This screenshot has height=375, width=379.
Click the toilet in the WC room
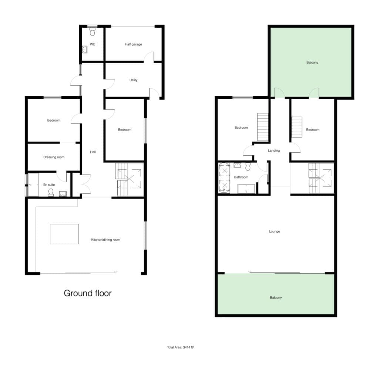[92, 32]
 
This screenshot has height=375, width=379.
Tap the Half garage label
[133, 44]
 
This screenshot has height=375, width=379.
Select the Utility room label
[133, 80]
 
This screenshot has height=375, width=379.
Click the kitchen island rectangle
[64, 234]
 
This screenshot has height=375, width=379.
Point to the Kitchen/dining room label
[105, 240]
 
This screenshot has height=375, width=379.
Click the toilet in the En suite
[51, 192]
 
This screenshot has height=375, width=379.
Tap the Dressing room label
[54, 157]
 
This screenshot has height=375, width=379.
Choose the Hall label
[93, 152]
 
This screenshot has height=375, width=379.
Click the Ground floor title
[88, 293]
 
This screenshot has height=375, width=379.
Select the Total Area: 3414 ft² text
[181, 347]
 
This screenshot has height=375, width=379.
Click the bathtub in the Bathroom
[224, 178]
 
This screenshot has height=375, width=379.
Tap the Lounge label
[275, 232]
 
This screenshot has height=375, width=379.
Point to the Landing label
[274, 151]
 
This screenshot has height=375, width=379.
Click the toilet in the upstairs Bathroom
[248, 167]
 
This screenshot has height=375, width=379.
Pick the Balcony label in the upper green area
[312, 62]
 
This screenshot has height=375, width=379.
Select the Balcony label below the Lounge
[276, 297]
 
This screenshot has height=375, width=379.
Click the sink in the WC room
[85, 50]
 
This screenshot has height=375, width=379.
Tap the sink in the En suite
[63, 194]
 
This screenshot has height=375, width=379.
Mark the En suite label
[49, 185]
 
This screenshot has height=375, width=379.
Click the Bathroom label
[241, 177]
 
